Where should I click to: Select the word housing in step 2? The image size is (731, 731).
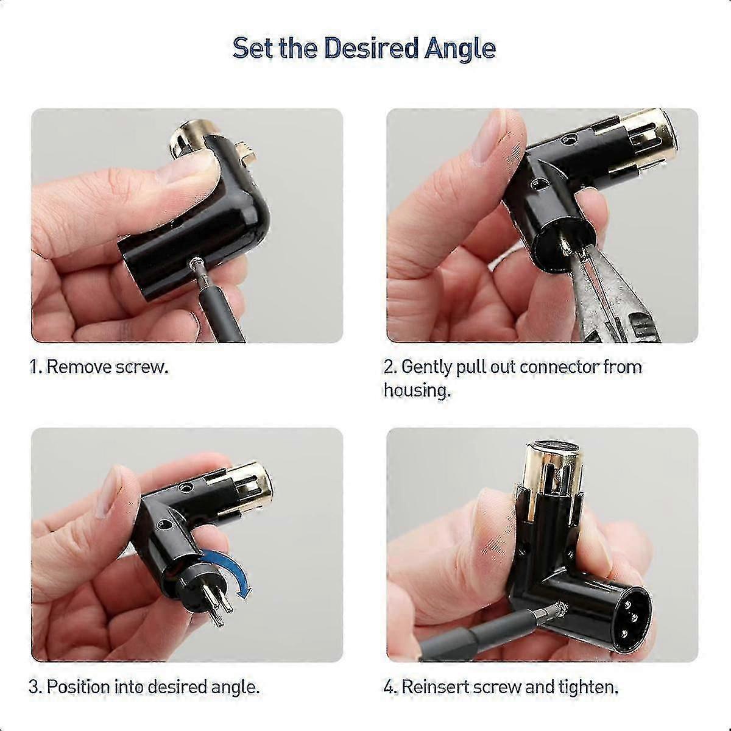tap(417, 390)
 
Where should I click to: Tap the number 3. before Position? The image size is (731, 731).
tap(35, 688)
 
